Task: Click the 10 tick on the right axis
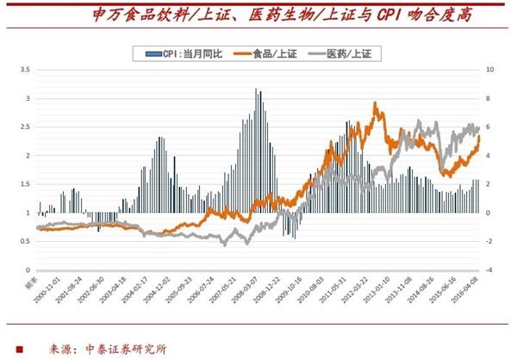pos(490,70)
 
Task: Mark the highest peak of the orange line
pos(375,104)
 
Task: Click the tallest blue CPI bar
pos(256,89)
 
